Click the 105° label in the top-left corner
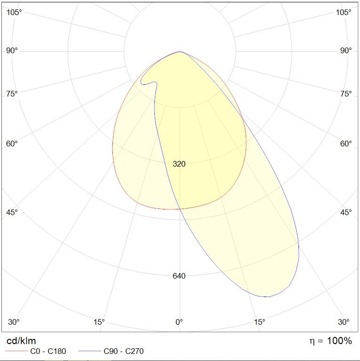[14, 12]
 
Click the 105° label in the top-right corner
[344, 12]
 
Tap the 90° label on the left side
[12, 50]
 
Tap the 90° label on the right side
[346, 50]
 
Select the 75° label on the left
[12, 94]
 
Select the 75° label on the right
[346, 94]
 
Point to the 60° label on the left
[12, 144]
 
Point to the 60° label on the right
[346, 144]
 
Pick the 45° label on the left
[12, 212]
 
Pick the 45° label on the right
[346, 212]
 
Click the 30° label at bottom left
[14, 322]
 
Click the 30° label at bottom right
[344, 322]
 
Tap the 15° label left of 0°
[99, 322]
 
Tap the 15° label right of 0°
[260, 322]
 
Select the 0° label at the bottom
[179, 322]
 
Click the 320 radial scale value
[179, 164]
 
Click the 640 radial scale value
[179, 276]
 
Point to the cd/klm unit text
[21, 341]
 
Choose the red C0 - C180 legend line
[16, 352]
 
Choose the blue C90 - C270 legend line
[90, 352]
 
